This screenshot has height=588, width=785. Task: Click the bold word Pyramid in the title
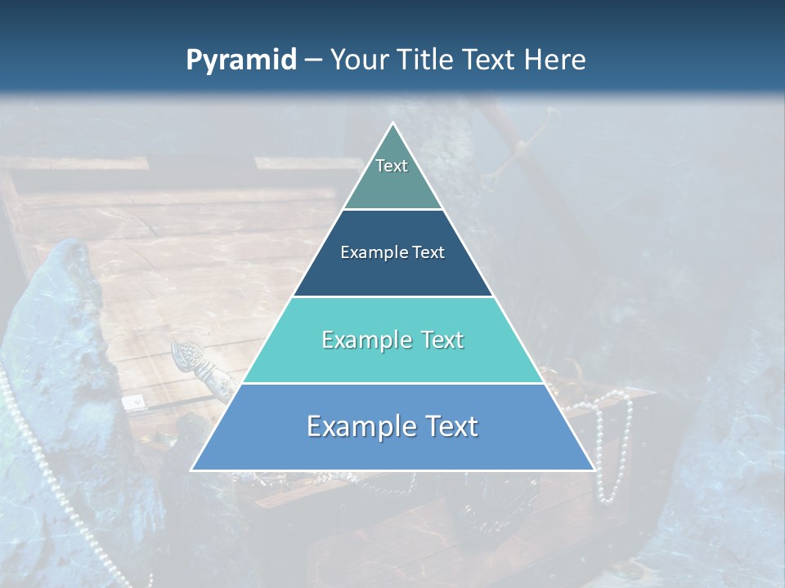tap(240, 60)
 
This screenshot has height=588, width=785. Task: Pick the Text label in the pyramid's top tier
tap(392, 166)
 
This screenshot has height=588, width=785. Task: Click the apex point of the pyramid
tap(392, 123)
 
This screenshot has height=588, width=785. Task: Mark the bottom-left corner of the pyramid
tap(192, 470)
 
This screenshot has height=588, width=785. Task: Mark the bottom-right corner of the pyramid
tap(594, 470)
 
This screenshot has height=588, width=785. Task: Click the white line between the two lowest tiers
tap(392, 383)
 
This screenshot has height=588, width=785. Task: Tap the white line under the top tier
tap(392, 210)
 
